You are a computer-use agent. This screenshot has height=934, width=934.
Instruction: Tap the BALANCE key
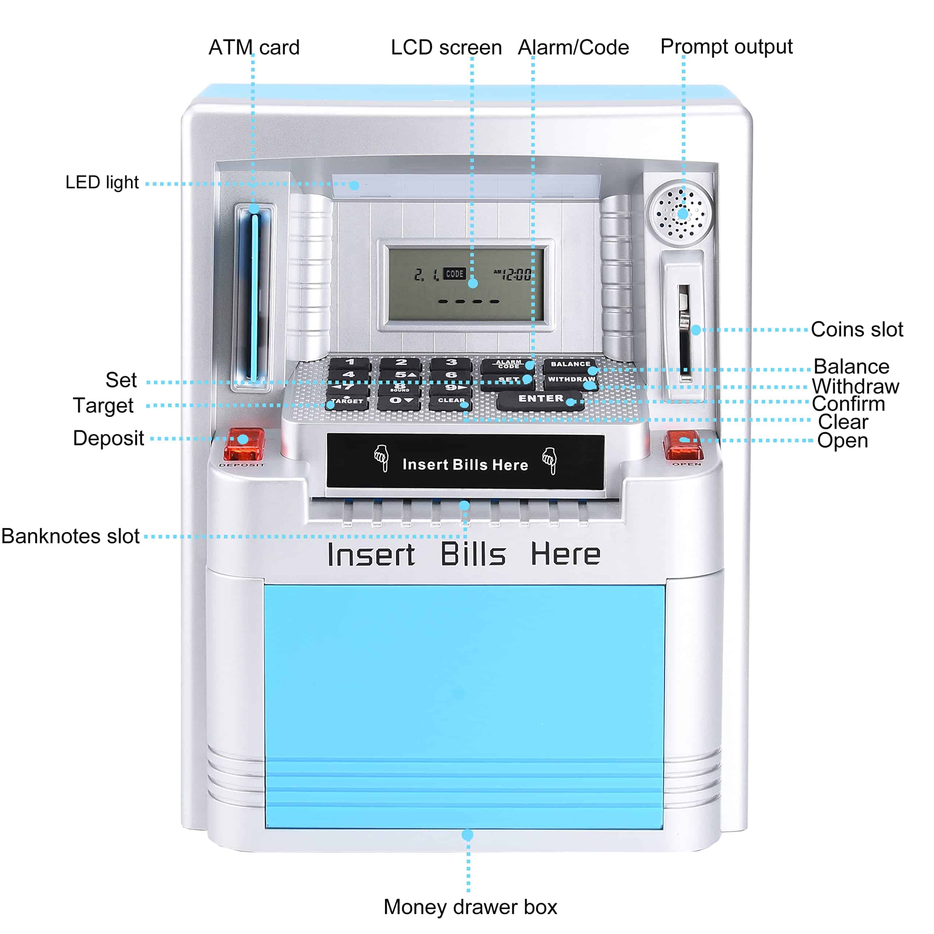point(570,364)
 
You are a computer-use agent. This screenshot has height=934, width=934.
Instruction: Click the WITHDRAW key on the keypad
point(571,380)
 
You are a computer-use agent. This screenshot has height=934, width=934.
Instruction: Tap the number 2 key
point(401,363)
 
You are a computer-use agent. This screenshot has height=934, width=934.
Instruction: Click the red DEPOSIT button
point(244,444)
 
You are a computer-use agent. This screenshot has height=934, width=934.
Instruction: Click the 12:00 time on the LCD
point(516,275)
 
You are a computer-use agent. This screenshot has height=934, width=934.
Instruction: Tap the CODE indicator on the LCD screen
point(455,274)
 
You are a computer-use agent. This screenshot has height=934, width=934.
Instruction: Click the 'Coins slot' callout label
point(857,330)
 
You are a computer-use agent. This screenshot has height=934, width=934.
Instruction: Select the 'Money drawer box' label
point(470,907)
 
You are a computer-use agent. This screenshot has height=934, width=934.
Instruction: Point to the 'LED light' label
point(102,183)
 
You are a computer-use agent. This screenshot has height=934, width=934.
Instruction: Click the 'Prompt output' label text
point(726,47)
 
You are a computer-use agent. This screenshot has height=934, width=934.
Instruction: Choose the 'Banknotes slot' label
point(70,536)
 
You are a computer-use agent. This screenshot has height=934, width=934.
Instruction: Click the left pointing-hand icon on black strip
point(381,457)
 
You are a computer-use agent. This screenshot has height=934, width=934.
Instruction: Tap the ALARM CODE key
point(508,364)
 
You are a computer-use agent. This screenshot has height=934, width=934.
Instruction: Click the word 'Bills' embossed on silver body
point(473,554)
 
